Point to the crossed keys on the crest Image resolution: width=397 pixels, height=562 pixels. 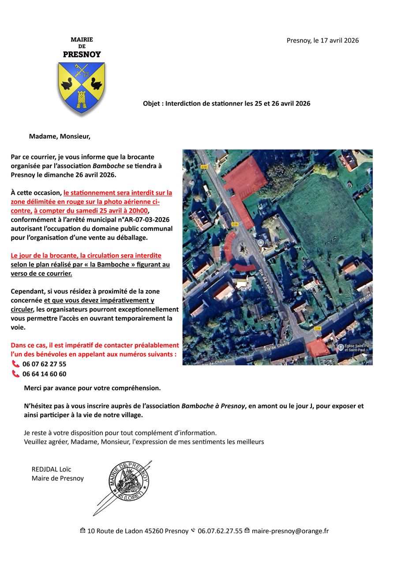coord(81,70)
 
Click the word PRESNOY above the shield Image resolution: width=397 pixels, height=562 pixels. coord(82,55)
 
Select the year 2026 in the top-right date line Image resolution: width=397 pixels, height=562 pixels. coord(351,41)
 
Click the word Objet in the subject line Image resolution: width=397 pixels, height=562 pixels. coord(152,104)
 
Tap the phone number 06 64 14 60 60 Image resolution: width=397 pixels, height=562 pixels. coord(44,374)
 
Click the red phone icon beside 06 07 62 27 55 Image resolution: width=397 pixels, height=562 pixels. coord(16,364)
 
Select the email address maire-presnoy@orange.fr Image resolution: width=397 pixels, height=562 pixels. coord(290,531)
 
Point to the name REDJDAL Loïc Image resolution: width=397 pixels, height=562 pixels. coord(51,469)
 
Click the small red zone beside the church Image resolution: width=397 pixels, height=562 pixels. coord(318,349)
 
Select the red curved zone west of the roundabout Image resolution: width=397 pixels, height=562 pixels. coord(229,246)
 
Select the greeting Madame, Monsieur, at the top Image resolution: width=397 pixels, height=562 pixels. coord(60,136)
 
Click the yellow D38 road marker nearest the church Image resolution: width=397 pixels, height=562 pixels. coord(318,329)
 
